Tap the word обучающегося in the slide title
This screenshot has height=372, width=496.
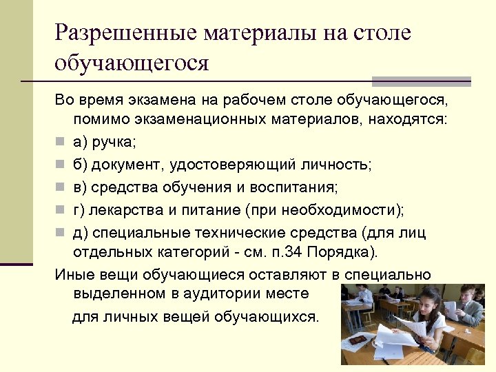pyautogui.click(x=132, y=63)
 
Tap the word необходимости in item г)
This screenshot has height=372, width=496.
pyautogui.click(x=326, y=209)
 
